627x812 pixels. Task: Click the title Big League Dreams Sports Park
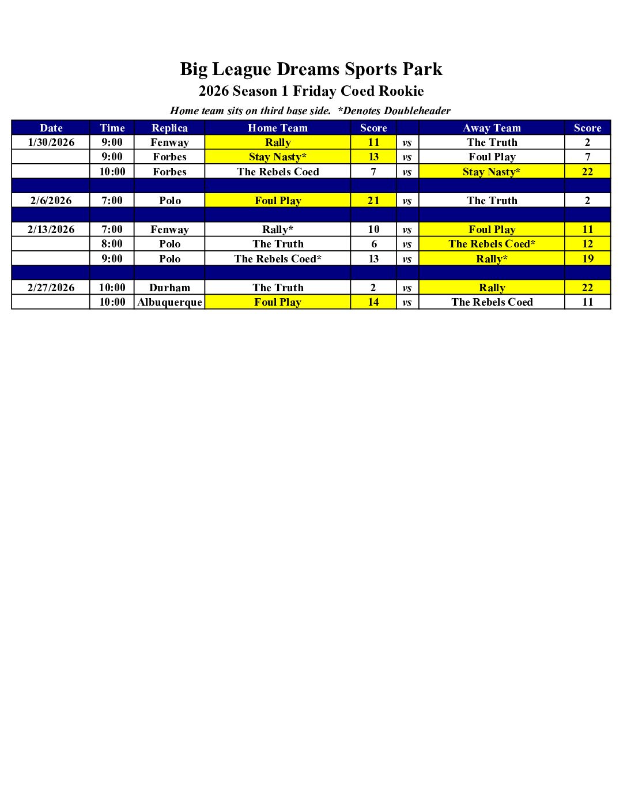(x=311, y=69)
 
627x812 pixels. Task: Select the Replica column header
(x=169, y=128)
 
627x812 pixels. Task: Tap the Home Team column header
(x=278, y=128)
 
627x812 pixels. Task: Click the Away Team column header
(x=492, y=128)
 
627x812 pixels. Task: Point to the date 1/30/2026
(x=51, y=142)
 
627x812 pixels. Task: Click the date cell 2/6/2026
(x=51, y=201)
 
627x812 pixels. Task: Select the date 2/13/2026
(x=51, y=230)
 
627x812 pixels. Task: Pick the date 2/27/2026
(x=51, y=288)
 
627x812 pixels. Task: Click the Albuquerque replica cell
(x=169, y=302)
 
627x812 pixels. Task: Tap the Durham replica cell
(x=169, y=288)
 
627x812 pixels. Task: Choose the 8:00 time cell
(x=112, y=244)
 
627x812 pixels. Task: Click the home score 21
(x=373, y=201)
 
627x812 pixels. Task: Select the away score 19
(x=587, y=259)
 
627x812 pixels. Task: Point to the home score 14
(x=373, y=302)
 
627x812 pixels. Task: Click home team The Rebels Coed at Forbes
(x=278, y=172)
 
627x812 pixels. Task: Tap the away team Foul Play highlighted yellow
(x=492, y=230)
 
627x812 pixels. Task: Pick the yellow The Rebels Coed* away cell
(x=492, y=244)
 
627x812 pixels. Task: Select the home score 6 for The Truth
(x=373, y=244)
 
